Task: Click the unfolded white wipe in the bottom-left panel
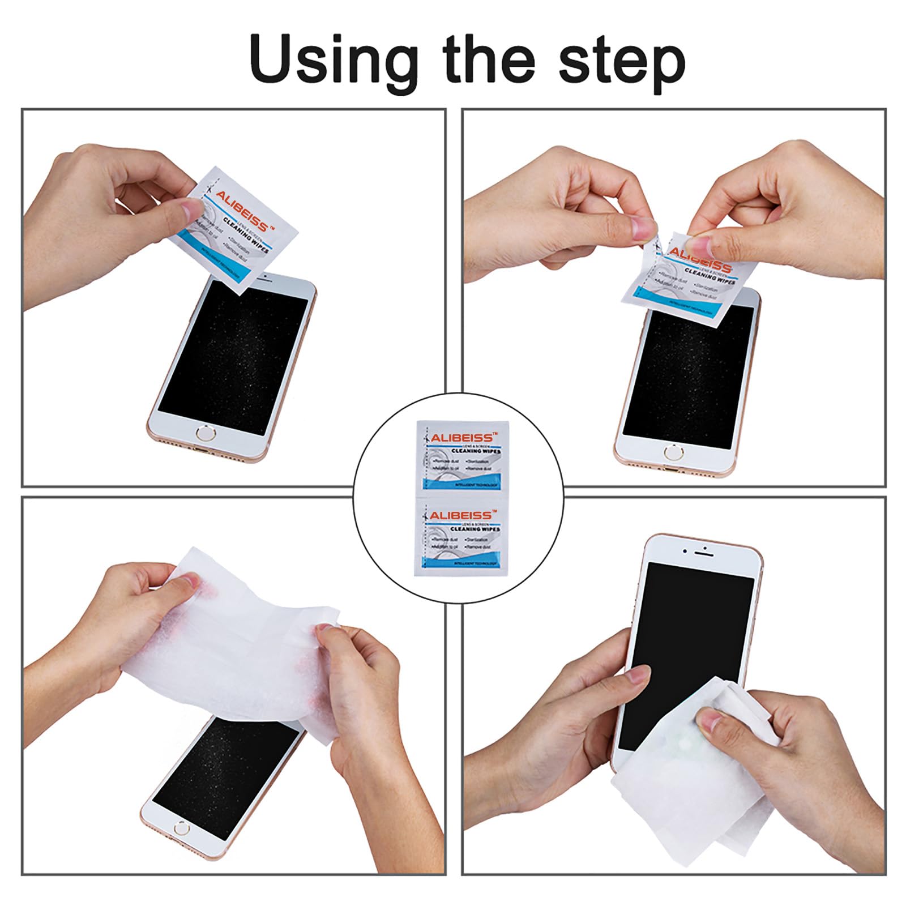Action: tap(249, 634)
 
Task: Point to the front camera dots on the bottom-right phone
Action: tap(695, 550)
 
